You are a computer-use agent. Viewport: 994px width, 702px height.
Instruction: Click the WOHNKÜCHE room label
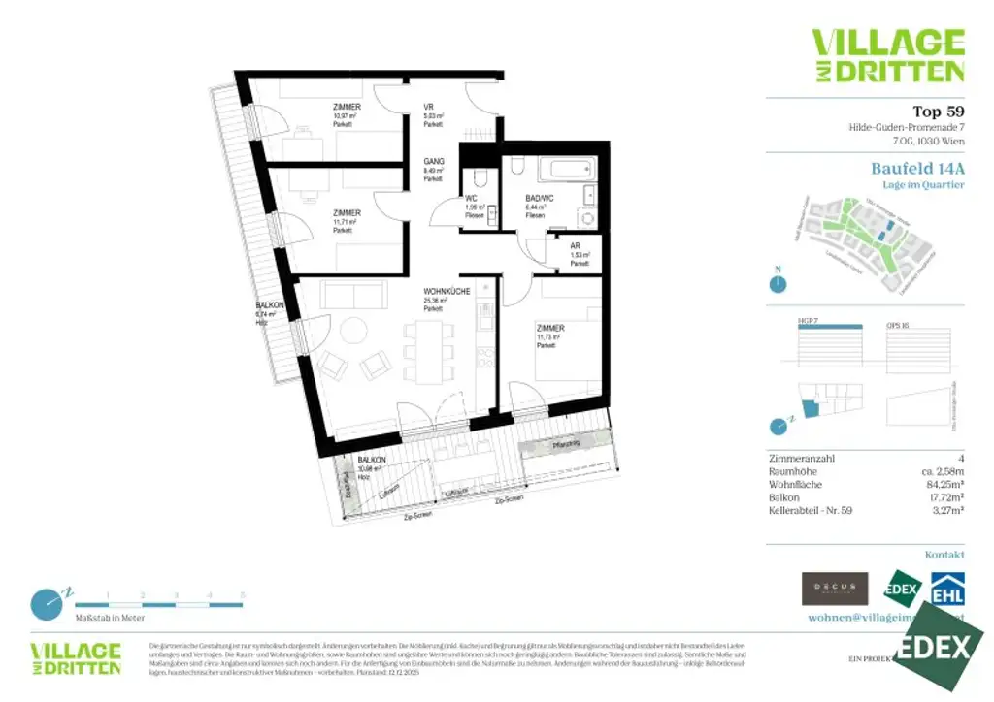click(447, 292)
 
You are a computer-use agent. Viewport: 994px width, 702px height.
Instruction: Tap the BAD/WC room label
click(536, 199)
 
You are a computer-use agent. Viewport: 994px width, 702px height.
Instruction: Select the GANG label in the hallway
click(433, 162)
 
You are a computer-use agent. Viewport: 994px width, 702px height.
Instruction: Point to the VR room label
click(428, 107)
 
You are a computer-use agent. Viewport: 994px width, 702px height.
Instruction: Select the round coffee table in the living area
click(350, 333)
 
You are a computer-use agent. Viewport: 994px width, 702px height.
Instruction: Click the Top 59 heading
click(938, 111)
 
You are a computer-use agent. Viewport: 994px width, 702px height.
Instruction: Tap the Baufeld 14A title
click(917, 168)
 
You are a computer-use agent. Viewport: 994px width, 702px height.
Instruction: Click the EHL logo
click(947, 590)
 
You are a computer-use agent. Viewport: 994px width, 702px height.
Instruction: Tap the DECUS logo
click(834, 589)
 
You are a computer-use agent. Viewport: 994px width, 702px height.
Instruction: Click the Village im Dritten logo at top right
click(888, 55)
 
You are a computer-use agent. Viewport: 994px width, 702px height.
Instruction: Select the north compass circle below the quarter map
click(777, 284)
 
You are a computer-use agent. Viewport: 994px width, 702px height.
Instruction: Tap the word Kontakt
click(944, 555)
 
